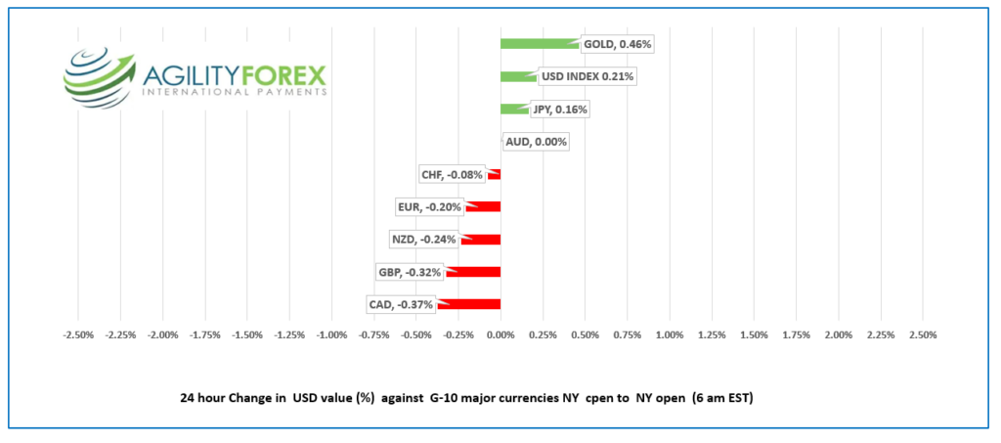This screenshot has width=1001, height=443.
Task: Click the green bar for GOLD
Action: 539,44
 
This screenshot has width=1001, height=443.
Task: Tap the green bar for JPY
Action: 513,109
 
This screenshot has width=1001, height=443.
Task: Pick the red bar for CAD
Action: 469,304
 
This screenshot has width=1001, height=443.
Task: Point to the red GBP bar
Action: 473,272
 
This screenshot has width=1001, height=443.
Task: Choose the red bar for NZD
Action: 481,240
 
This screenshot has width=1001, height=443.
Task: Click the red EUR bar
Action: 484,206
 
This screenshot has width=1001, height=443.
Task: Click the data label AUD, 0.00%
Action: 536,142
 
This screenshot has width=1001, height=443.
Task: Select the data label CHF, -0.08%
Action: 453,174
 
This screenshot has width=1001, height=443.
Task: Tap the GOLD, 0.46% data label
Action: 617,44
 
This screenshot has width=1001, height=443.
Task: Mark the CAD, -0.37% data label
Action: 401,304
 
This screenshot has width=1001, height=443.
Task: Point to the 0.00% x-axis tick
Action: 500,335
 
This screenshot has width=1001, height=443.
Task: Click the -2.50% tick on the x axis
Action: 78,335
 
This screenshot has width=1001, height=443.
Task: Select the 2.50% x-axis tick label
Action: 923,335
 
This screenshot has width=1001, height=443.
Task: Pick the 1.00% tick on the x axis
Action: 670,335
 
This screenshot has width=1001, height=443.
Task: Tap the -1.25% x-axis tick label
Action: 289,335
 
